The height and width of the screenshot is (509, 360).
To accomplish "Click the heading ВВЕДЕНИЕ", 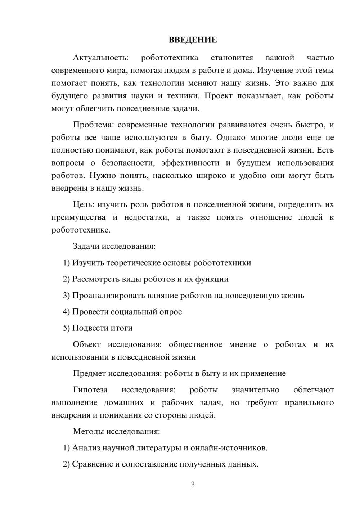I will (193, 40).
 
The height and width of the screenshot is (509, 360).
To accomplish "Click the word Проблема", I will (93, 125).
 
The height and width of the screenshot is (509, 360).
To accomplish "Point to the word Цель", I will (84, 204).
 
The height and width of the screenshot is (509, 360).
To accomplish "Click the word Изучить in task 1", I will (89, 263).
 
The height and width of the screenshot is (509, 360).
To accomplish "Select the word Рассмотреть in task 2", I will (94, 279).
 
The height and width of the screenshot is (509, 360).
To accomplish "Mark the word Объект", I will (87, 344).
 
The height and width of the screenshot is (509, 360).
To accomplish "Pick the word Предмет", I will (89, 373).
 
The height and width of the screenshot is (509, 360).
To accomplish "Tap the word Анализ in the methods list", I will (86, 448).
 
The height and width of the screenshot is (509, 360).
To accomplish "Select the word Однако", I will (230, 138).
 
